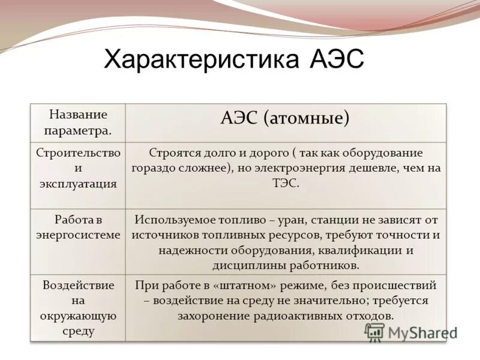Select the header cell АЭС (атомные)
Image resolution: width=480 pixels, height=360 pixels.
coord(285,118)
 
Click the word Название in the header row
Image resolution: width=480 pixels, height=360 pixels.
coord(78,114)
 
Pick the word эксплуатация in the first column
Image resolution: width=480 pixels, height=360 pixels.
coord(78,184)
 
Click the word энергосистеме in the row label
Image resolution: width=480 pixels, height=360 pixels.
coord(78,235)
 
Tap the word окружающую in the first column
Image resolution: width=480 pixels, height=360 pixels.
coord(78,315)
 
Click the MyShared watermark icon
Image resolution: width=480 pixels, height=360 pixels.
coord(374,332)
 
